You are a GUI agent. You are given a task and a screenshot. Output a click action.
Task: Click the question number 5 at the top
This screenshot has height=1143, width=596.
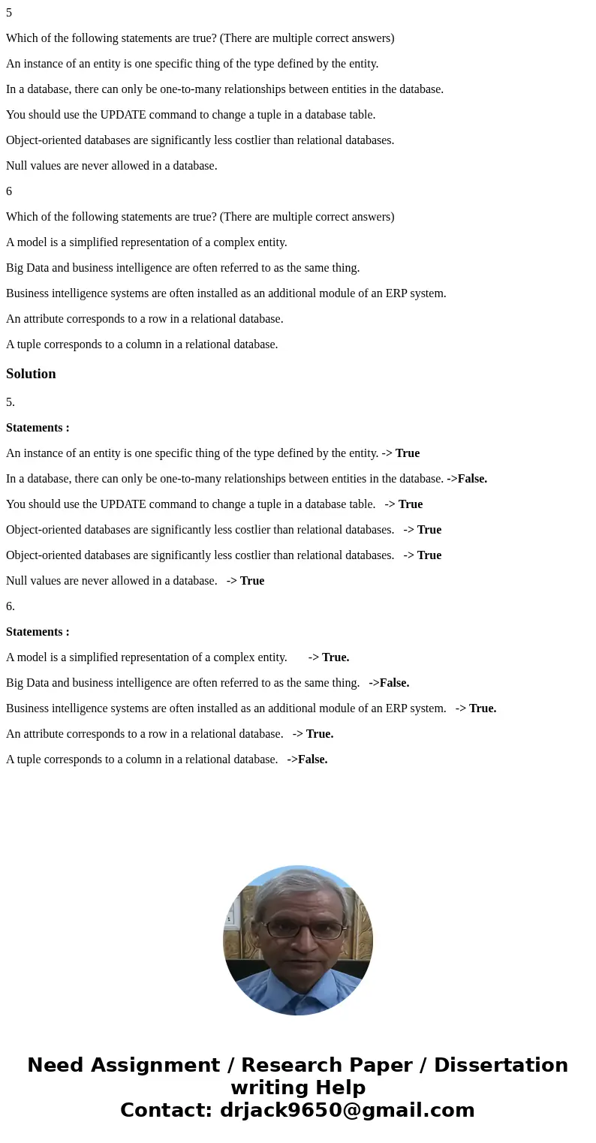click(x=9, y=13)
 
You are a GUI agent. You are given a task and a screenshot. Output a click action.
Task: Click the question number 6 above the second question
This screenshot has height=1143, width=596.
click(x=9, y=191)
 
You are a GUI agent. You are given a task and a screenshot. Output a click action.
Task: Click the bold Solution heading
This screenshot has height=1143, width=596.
click(x=31, y=374)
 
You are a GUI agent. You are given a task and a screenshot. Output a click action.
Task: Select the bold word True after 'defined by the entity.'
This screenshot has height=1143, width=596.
click(x=408, y=453)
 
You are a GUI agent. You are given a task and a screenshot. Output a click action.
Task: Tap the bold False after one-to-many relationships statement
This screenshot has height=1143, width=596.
click(x=471, y=479)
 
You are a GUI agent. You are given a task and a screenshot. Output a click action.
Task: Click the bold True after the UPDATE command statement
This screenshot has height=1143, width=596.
click(x=411, y=504)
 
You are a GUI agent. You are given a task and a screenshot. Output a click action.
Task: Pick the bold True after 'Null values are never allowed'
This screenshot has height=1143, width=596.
click(x=252, y=581)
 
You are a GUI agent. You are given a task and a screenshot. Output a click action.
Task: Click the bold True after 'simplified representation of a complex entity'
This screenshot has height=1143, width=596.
click(x=336, y=657)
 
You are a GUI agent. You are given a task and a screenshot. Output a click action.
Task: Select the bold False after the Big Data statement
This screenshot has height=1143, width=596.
click(x=394, y=683)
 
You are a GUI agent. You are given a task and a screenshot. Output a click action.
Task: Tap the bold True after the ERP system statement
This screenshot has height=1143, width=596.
click(x=483, y=708)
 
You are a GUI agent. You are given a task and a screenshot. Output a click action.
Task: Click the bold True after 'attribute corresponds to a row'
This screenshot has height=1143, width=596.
click(x=320, y=734)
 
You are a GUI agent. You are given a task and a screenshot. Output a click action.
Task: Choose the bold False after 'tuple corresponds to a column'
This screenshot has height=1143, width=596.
click(x=312, y=759)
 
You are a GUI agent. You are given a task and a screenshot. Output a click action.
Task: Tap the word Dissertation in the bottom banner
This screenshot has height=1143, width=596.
click(x=501, y=1065)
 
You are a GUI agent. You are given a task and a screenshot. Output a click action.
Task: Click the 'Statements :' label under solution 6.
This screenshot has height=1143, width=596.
click(x=38, y=632)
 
